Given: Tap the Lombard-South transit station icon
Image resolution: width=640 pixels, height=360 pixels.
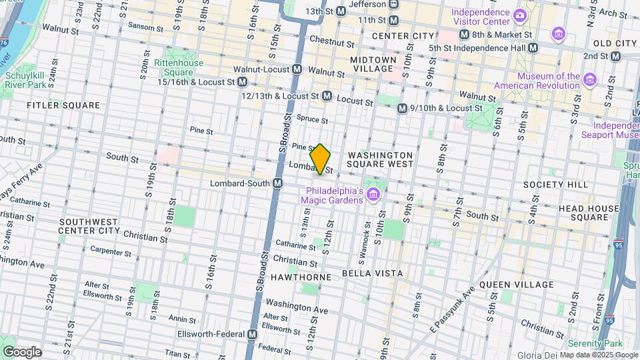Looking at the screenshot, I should (277, 183).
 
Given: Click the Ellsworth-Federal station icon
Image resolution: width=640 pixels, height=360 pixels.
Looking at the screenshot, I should (252, 334).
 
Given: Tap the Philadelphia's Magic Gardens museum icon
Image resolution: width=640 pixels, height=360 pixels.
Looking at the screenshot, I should (373, 194).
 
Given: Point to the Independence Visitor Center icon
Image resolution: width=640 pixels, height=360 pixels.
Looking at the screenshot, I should (519, 13).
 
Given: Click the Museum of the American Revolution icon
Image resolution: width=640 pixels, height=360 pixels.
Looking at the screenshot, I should (589, 81).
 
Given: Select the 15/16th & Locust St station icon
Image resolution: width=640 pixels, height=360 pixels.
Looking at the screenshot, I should (243, 82).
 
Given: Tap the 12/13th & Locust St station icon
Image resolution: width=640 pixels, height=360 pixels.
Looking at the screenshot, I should (327, 96).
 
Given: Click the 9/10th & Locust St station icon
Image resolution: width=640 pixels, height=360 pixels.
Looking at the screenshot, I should (402, 108).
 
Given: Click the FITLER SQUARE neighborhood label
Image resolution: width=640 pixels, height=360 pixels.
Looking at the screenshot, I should (63, 105).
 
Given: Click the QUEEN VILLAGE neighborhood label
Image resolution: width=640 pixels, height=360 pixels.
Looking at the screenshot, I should (516, 285).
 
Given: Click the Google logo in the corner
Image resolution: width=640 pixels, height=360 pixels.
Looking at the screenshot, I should (23, 351).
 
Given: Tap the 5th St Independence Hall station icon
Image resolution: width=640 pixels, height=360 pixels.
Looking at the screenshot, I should (533, 47).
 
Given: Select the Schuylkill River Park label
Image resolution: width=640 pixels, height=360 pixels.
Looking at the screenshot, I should (25, 81).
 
